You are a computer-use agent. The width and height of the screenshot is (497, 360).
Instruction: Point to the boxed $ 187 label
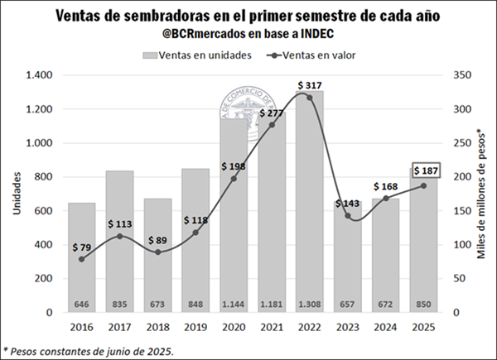[x=422, y=171]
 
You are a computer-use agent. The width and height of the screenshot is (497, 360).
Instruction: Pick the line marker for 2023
[x=348, y=216]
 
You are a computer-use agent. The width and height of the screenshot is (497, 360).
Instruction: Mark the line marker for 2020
[x=234, y=178]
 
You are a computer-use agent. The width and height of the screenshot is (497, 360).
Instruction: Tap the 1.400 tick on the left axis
[x=37, y=75]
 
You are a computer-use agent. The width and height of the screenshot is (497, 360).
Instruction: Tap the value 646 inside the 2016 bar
[x=81, y=305]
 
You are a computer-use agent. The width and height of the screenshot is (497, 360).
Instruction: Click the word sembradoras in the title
[x=173, y=16]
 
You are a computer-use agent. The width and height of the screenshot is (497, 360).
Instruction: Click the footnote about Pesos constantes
[x=89, y=350]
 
